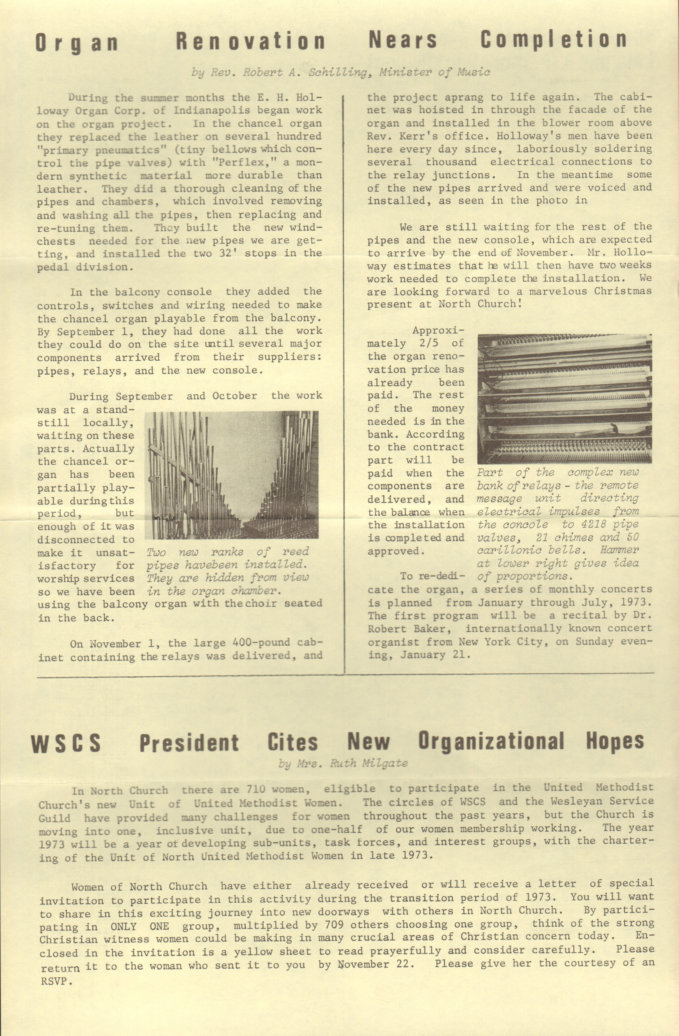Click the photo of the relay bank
tap(565, 399)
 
